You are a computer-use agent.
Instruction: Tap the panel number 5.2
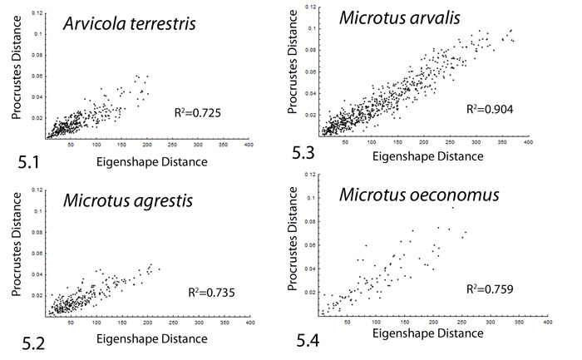21,342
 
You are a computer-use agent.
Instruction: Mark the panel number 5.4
313,340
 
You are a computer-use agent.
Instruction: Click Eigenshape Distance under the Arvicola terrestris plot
154,160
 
